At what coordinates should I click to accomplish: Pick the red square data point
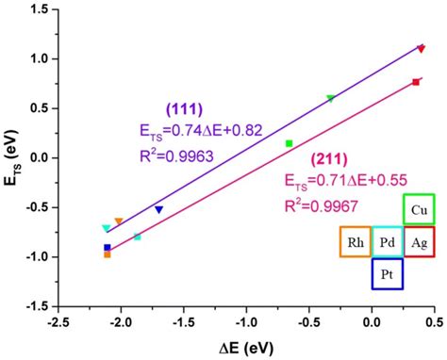[415, 83]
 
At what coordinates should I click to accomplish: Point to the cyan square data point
[138, 237]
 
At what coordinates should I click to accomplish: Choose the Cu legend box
[419, 210]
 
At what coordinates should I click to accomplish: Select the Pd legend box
[388, 242]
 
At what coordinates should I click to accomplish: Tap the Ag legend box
[419, 242]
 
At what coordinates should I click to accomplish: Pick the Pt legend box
[388, 274]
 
